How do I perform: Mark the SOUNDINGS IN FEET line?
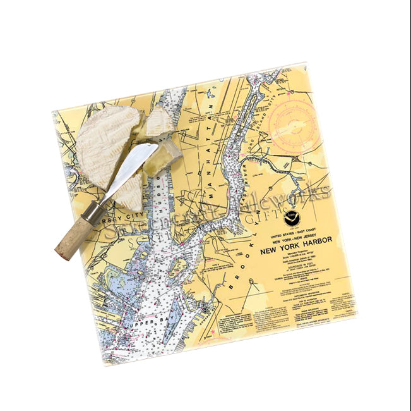(285, 271)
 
